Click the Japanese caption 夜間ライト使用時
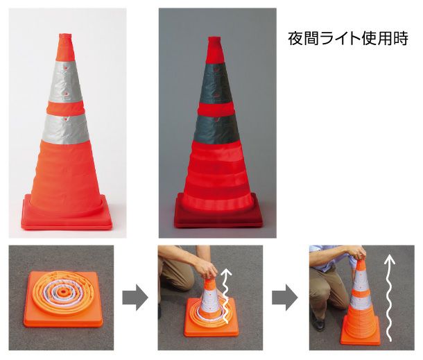point(348,37)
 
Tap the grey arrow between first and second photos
point(136,298)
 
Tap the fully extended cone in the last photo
point(361,305)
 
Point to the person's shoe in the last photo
point(318,323)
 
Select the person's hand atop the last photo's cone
point(358,257)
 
